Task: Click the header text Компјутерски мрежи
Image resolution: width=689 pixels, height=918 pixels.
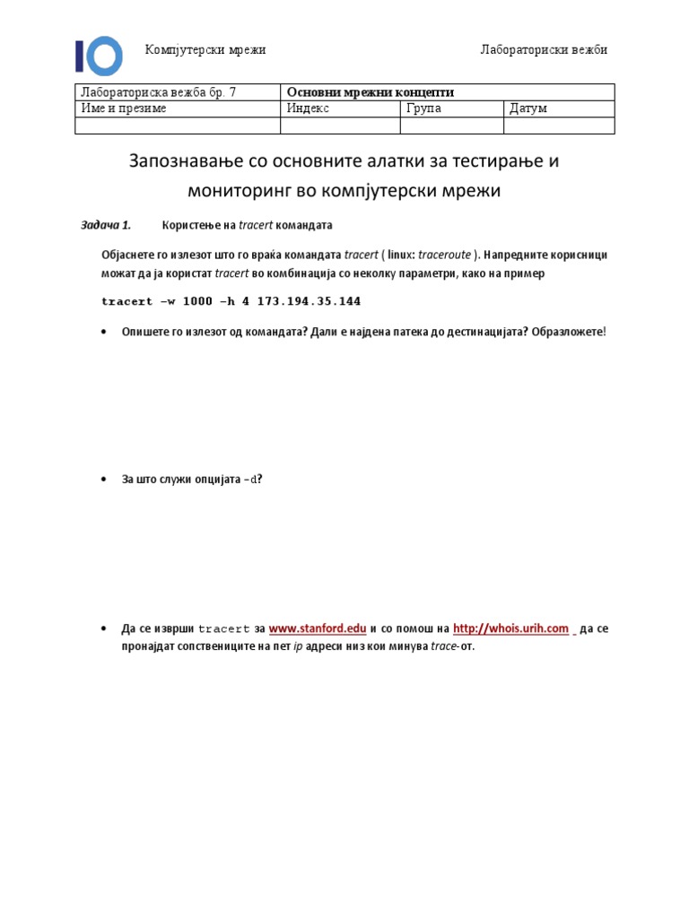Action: [x=205, y=49]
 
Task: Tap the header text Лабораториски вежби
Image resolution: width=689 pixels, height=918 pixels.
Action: [x=544, y=49]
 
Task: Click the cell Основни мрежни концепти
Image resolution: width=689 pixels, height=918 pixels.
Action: [x=370, y=92]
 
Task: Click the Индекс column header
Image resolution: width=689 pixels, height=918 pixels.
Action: [x=309, y=108]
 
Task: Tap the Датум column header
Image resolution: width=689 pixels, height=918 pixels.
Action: [x=528, y=108]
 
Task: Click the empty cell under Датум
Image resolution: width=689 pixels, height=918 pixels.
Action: [x=558, y=126]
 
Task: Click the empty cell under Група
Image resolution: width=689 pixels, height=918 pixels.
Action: [x=451, y=126]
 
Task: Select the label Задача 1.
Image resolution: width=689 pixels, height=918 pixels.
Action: [x=106, y=224]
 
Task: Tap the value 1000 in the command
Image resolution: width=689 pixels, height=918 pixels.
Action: [x=197, y=301]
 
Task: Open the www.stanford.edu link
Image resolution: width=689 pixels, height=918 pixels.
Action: [x=318, y=629]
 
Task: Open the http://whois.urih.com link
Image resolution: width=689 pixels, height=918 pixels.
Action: [x=510, y=629]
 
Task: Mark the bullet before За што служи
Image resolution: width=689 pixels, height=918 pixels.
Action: [x=107, y=480]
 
